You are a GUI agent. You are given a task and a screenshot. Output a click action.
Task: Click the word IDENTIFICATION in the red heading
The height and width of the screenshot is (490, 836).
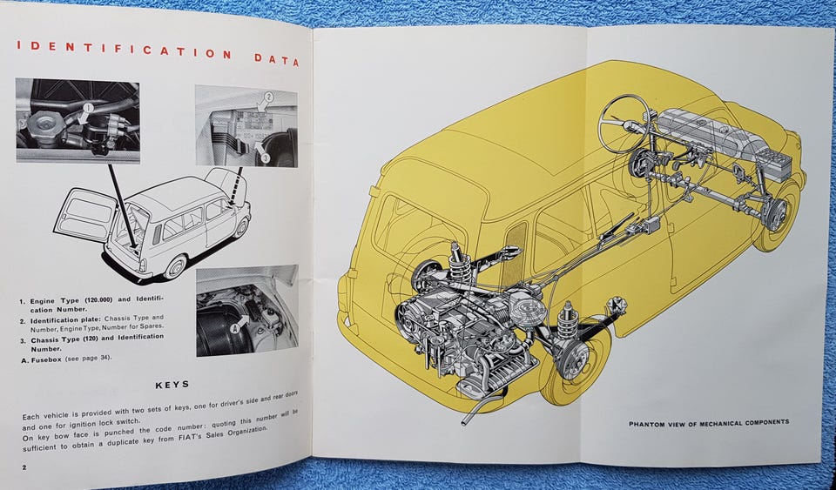(124, 50)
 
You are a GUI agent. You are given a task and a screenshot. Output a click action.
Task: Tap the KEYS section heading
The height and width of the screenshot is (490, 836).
(172, 384)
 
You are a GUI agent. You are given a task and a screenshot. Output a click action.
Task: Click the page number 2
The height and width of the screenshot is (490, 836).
(24, 467)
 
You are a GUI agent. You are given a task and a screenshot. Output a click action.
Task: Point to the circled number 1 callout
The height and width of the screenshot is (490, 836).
(88, 108)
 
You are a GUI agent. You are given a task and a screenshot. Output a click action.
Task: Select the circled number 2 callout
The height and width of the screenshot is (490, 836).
(268, 97)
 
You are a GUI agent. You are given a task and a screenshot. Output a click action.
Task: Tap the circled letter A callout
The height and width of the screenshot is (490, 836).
(235, 329)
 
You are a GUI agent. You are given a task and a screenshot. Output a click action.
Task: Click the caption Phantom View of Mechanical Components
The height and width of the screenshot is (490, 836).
(709, 423)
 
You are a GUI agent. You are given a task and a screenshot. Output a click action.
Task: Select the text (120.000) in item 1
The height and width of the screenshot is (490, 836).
(98, 300)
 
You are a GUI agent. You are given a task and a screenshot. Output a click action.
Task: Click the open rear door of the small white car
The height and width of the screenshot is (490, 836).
(85, 213)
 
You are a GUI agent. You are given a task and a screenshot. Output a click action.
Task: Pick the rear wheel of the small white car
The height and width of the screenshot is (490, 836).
(175, 266)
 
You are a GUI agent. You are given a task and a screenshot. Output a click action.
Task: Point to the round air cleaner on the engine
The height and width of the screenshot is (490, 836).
(526, 306)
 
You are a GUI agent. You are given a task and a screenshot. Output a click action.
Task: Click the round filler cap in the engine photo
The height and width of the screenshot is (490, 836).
(44, 125)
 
